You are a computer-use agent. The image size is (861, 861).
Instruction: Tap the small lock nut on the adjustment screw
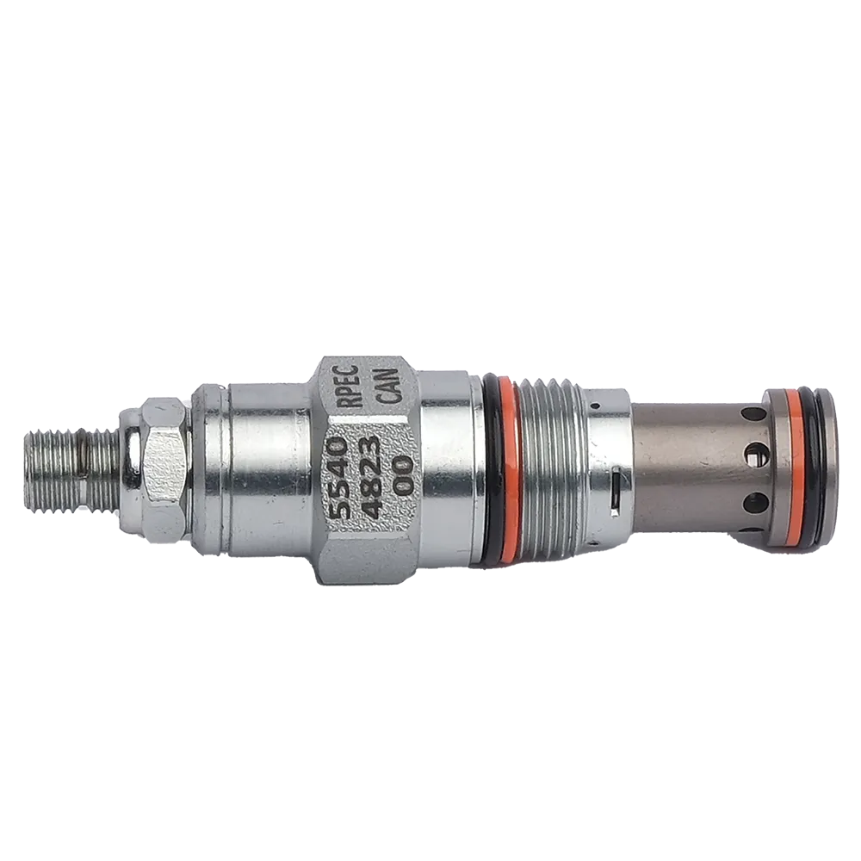(x=158, y=470)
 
